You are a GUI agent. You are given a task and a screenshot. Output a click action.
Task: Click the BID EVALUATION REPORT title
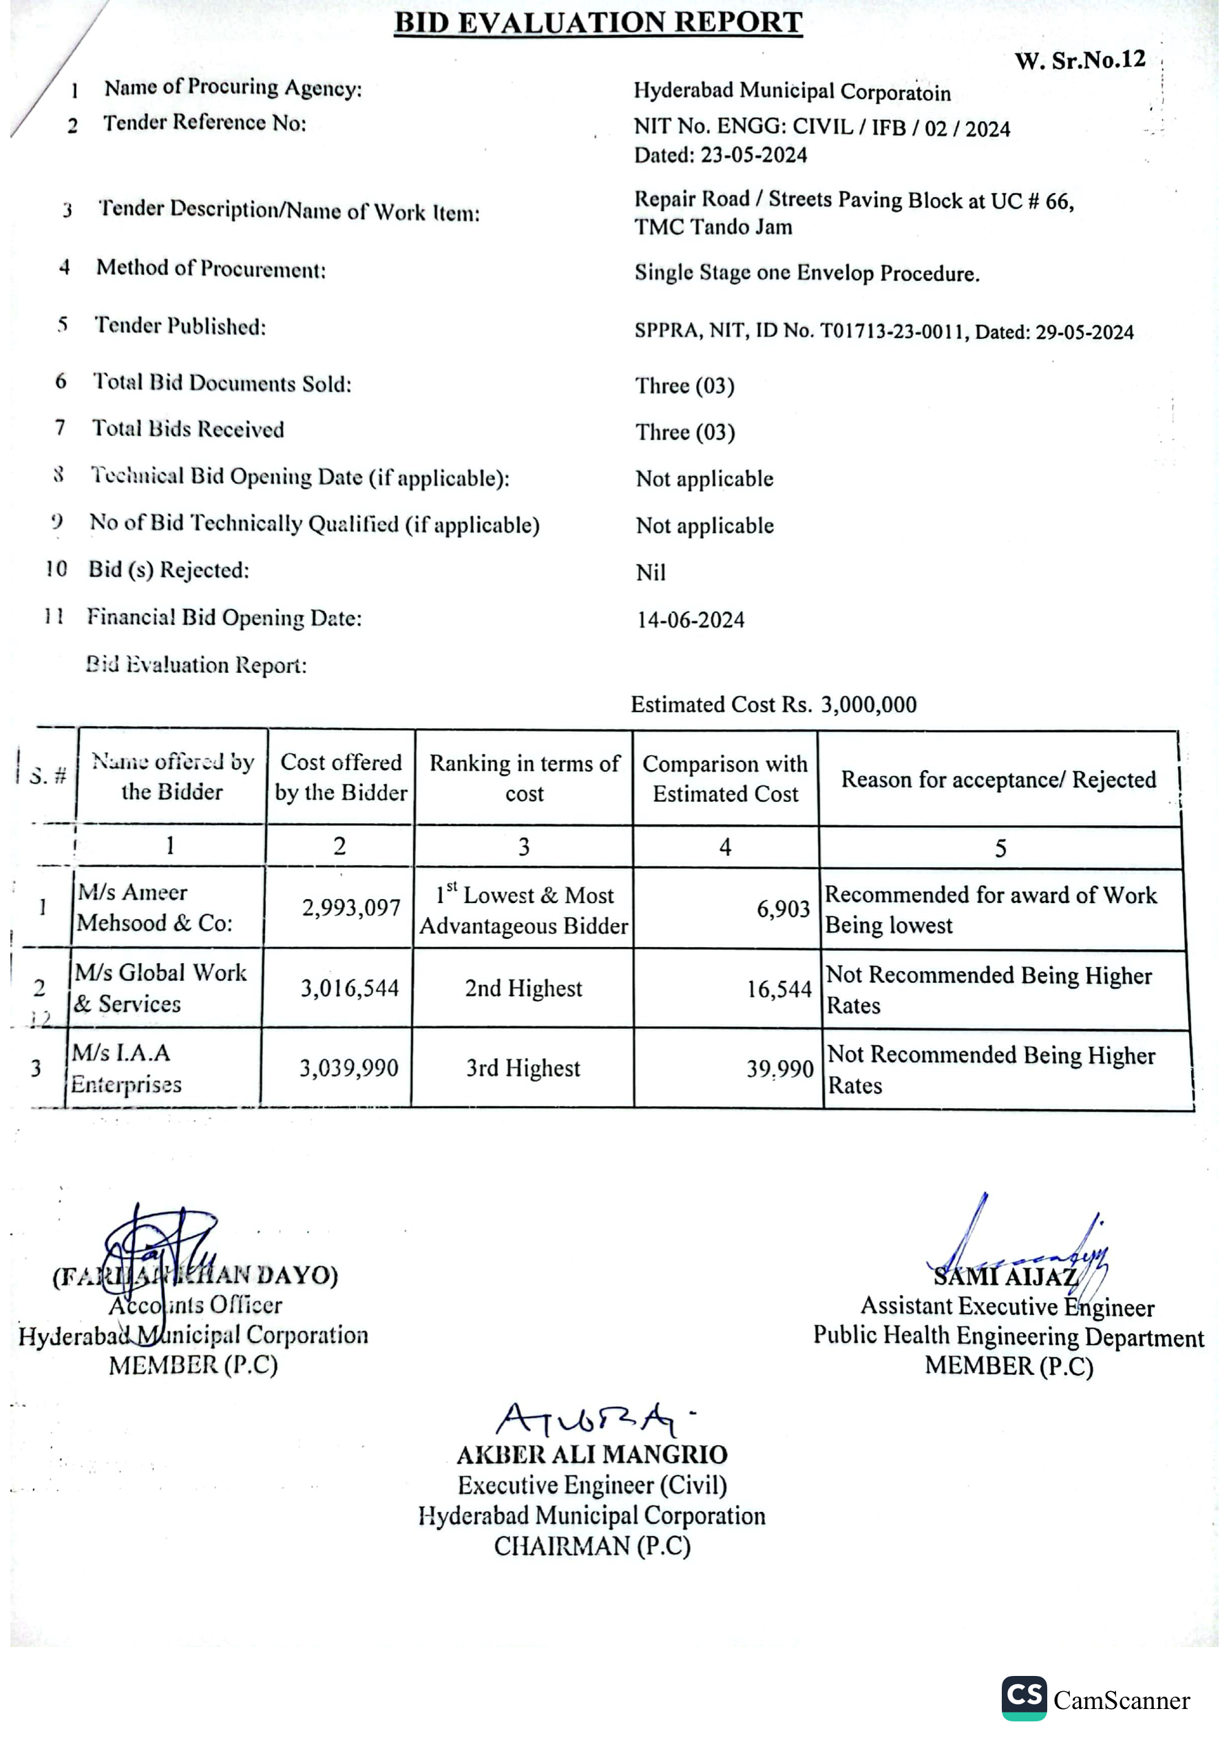click(x=598, y=23)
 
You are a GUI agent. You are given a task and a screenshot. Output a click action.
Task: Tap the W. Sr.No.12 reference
click(x=1080, y=61)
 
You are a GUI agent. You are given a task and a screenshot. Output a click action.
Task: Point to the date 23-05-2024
click(x=754, y=156)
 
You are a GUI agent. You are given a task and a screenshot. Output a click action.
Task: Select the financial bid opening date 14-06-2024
click(x=691, y=620)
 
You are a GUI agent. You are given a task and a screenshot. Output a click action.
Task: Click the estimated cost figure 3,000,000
click(x=868, y=705)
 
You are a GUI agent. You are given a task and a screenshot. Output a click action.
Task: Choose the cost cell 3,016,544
click(x=349, y=988)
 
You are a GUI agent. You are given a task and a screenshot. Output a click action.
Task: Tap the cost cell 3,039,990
click(x=348, y=1068)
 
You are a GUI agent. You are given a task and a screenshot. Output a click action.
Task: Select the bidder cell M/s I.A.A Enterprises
click(x=126, y=1068)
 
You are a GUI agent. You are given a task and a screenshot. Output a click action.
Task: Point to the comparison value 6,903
click(x=784, y=909)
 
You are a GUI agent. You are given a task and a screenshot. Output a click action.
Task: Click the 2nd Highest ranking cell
click(x=523, y=988)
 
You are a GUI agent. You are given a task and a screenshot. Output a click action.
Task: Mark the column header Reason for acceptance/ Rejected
click(x=998, y=779)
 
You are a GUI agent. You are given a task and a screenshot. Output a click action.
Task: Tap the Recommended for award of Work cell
click(x=990, y=909)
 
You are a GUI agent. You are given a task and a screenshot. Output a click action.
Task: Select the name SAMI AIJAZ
click(x=1005, y=1277)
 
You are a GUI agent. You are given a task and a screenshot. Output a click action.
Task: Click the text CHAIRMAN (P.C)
click(x=591, y=1546)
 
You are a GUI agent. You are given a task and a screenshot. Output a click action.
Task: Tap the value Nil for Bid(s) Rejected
click(x=650, y=573)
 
